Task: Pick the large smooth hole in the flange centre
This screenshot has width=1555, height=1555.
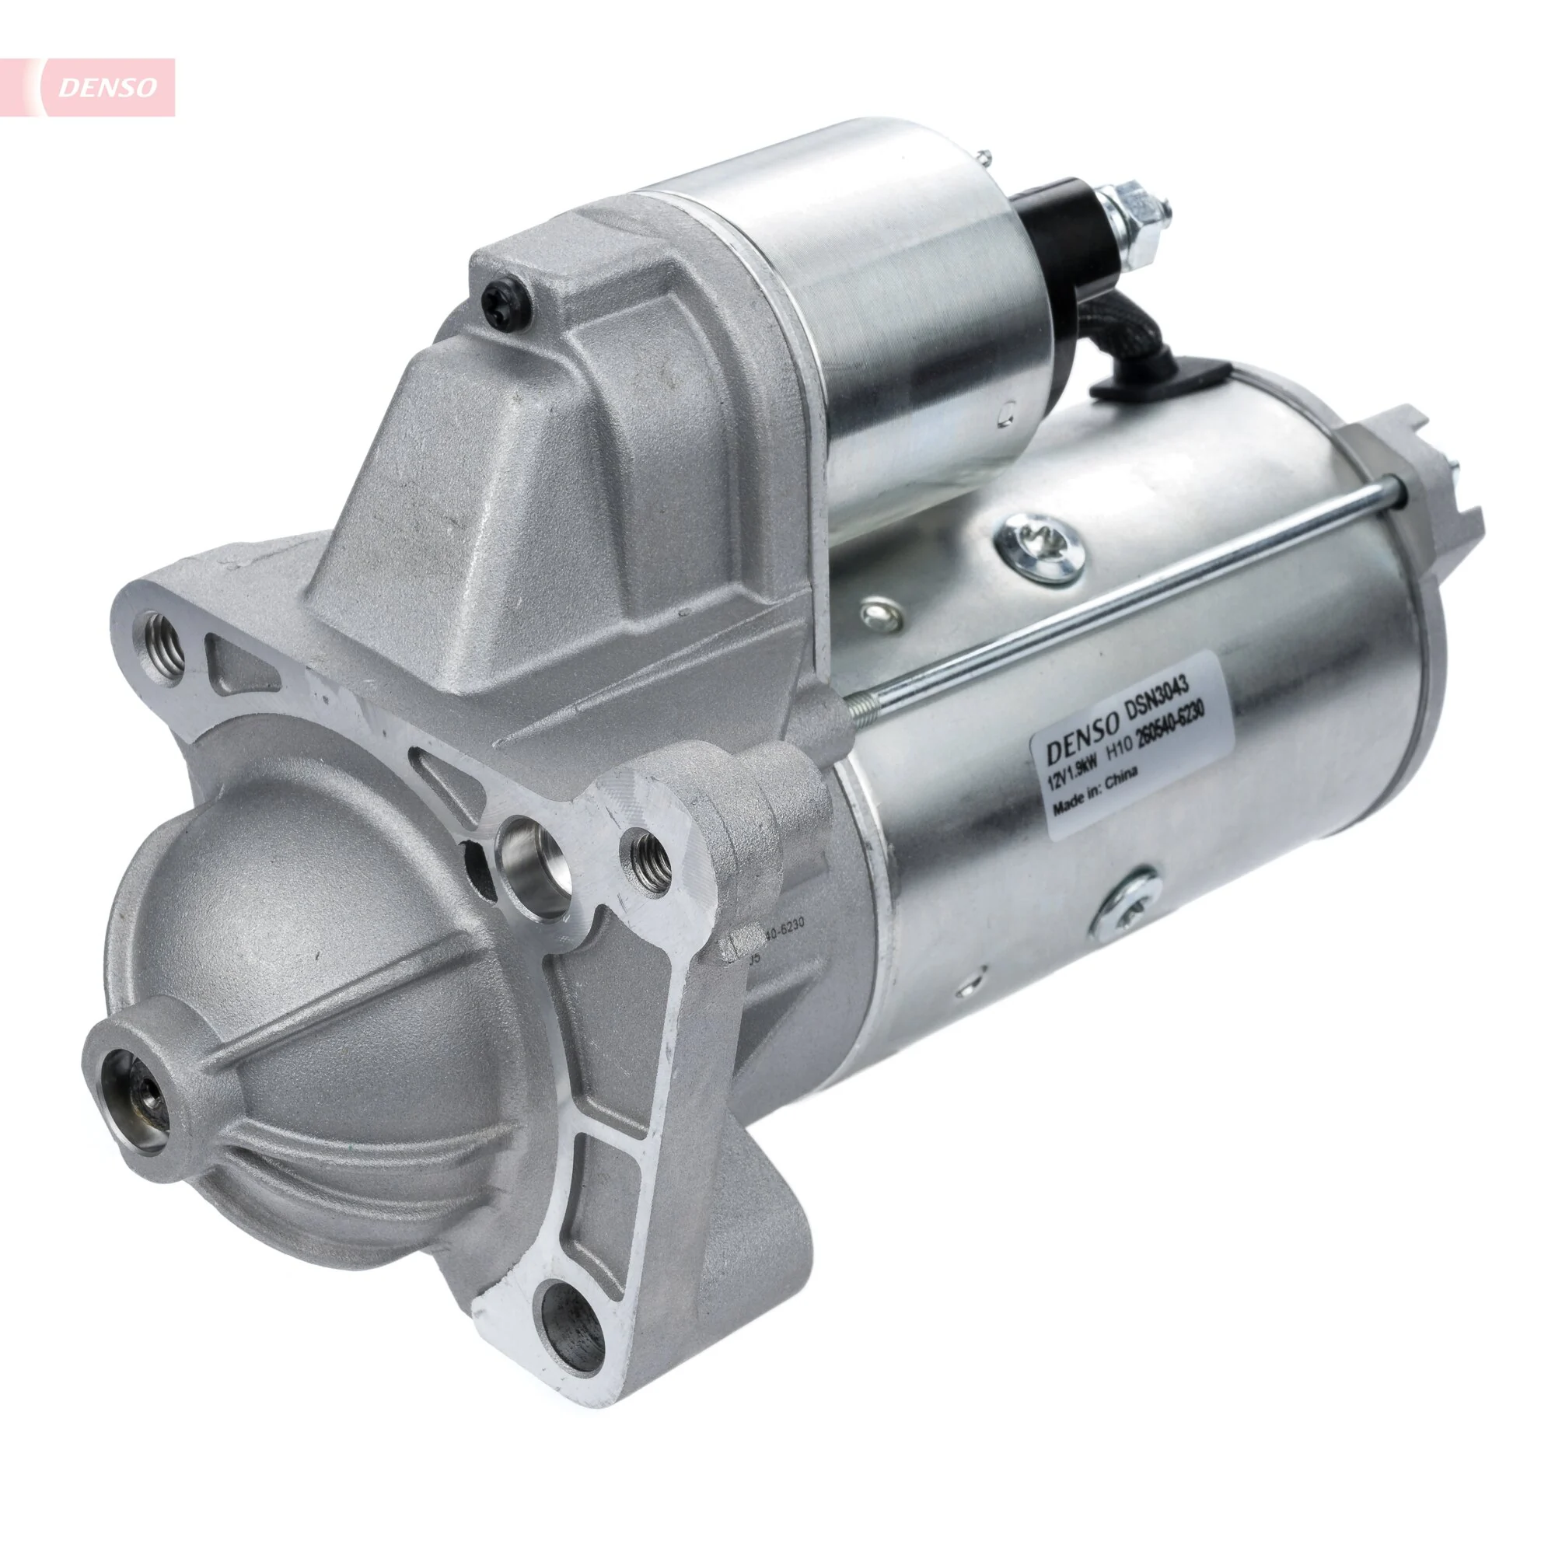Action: pyautogui.click(x=535, y=874)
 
